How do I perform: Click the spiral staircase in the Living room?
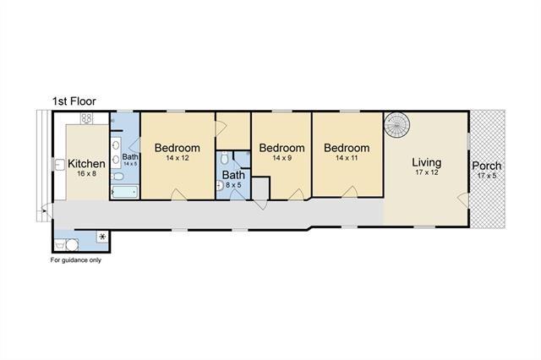click(x=396, y=125)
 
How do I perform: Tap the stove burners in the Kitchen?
click(x=86, y=118)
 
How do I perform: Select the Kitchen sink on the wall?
click(x=59, y=165)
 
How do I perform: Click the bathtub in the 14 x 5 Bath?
click(x=125, y=192)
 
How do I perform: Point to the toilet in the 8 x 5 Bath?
click(x=224, y=158)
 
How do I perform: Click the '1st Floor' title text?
click(x=74, y=101)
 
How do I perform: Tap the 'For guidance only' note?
click(x=76, y=260)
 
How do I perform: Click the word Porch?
click(x=487, y=166)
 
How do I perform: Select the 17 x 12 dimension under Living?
click(x=427, y=172)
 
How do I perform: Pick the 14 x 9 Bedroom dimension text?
click(x=281, y=158)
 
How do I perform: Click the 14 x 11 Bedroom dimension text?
click(x=347, y=158)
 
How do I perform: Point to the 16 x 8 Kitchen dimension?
click(x=86, y=174)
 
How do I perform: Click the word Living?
click(x=427, y=162)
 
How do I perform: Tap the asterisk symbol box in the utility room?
click(x=102, y=237)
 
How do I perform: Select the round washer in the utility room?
click(x=72, y=245)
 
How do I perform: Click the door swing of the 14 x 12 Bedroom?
click(x=178, y=195)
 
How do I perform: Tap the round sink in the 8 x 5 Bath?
click(x=220, y=186)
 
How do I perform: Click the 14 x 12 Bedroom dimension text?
click(x=178, y=158)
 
